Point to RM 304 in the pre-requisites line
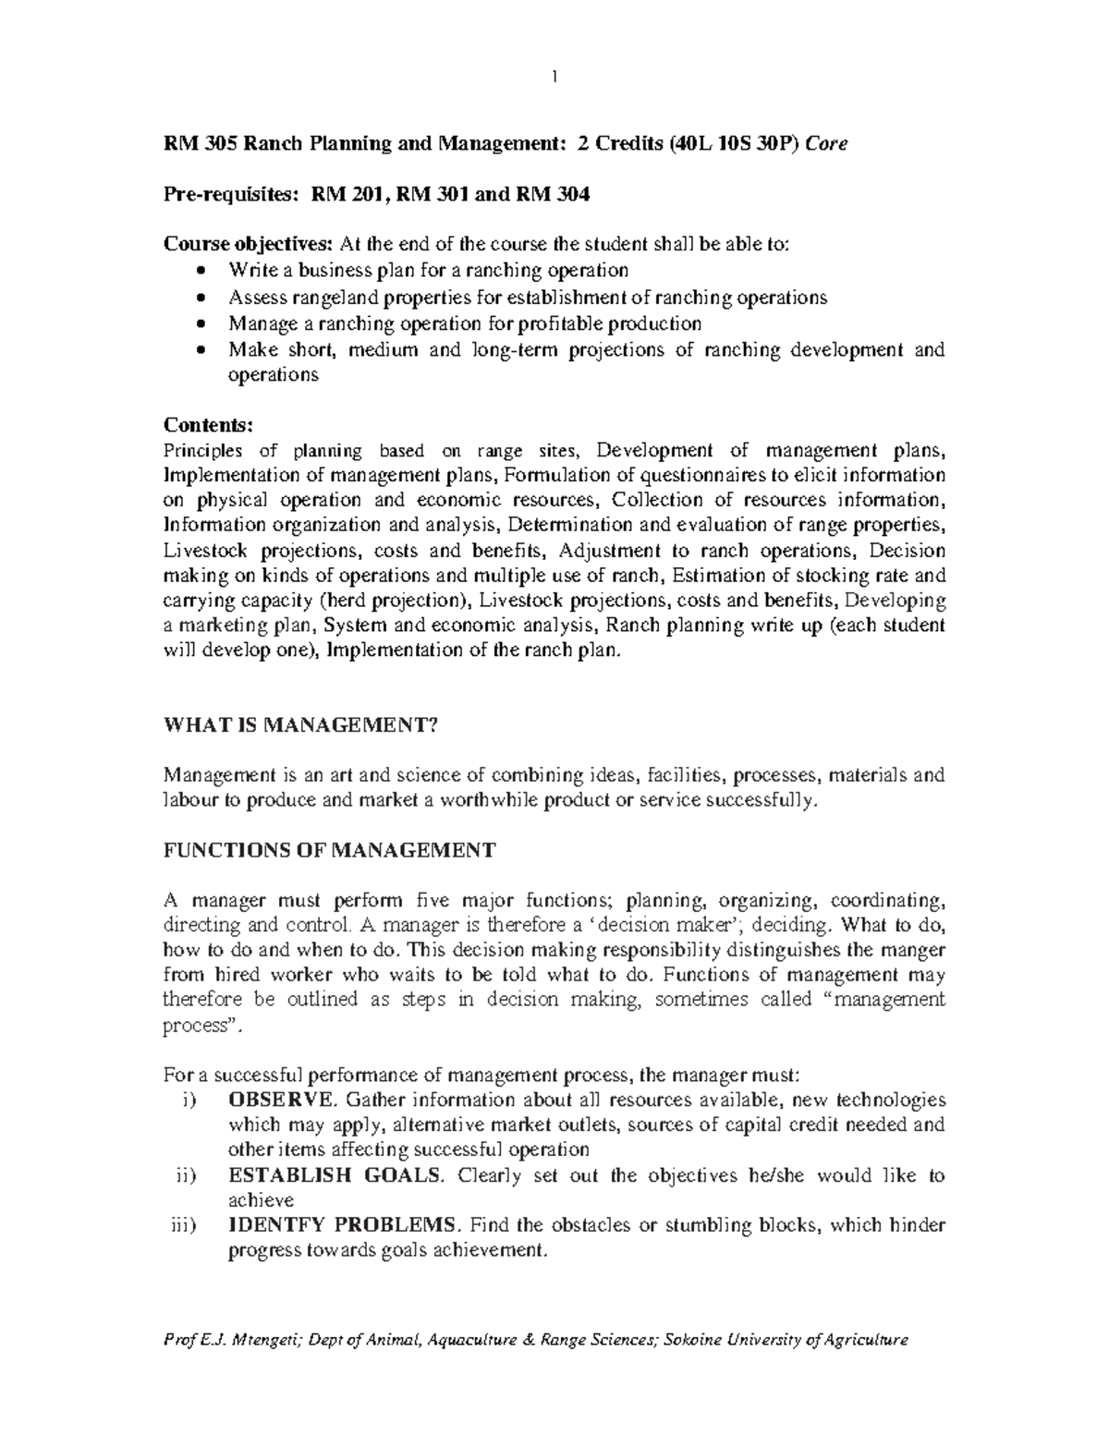(x=552, y=194)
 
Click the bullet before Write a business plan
(x=202, y=271)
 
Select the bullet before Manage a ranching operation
(x=202, y=324)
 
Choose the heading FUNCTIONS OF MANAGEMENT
(x=329, y=850)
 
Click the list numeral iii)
(x=185, y=1225)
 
